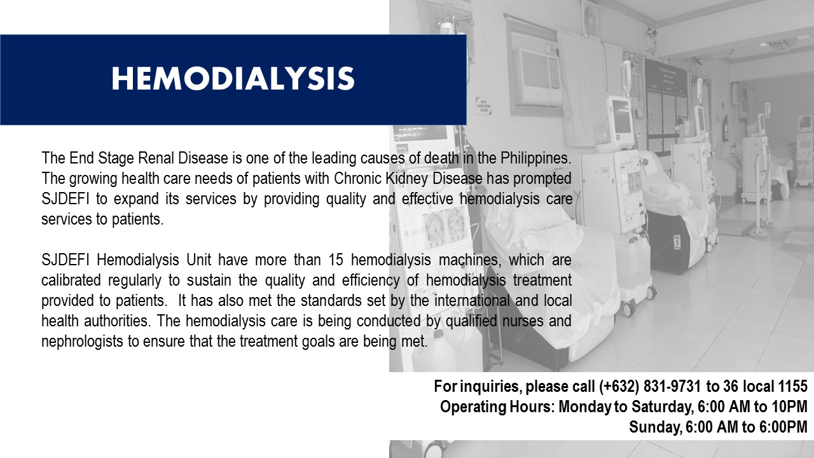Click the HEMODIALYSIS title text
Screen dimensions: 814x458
pyautogui.click(x=233, y=78)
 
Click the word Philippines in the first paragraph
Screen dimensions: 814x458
pyautogui.click(x=535, y=158)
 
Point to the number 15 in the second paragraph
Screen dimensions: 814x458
pyautogui.click(x=336, y=260)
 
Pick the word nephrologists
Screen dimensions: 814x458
pyautogui.click(x=82, y=342)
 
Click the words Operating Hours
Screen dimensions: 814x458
pyautogui.click(x=497, y=406)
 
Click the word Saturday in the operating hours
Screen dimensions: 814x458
pyautogui.click(x=663, y=406)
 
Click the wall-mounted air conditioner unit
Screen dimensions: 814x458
pyautogui.click(x=539, y=77)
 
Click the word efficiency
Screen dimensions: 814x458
pyautogui.click(x=371, y=281)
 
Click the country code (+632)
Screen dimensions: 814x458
pyautogui.click(x=619, y=386)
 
